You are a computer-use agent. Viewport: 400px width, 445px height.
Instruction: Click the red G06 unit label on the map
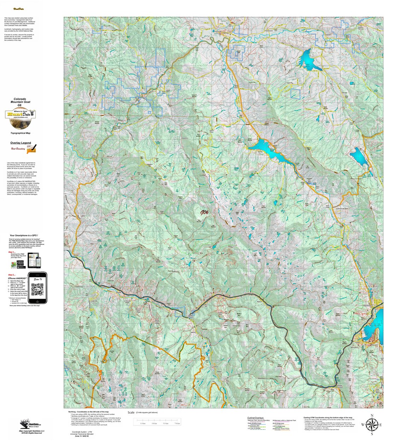(x=204, y=213)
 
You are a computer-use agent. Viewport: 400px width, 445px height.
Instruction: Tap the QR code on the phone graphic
(x=37, y=289)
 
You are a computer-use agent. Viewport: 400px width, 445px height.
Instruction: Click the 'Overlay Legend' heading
(x=20, y=143)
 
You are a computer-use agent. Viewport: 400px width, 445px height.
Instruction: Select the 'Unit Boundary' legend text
(x=18, y=149)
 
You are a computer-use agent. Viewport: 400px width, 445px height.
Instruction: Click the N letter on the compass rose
(x=371, y=416)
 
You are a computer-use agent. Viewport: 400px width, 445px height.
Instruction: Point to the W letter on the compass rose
(x=363, y=424)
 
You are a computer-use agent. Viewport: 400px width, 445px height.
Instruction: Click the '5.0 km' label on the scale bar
(x=166, y=423)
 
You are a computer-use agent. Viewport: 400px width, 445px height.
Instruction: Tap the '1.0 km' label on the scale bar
(x=143, y=423)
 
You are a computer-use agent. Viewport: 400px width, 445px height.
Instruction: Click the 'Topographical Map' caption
(x=20, y=133)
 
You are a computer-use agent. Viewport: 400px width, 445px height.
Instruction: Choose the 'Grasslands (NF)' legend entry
(x=254, y=426)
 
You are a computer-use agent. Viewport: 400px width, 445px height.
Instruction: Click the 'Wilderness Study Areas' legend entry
(x=281, y=429)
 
